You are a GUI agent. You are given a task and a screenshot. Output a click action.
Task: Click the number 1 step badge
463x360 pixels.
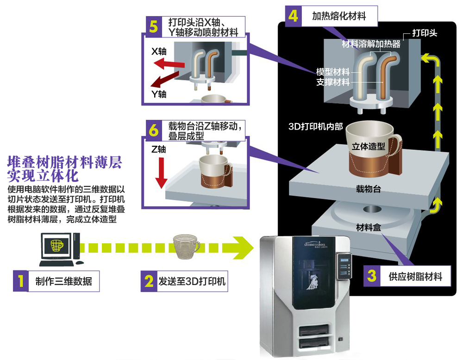(20, 281)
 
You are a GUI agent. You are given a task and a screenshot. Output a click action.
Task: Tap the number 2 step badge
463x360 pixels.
(149, 281)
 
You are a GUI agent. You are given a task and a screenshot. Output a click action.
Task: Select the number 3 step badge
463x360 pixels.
(371, 276)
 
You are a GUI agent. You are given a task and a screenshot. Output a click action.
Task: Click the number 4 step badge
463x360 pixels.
(293, 16)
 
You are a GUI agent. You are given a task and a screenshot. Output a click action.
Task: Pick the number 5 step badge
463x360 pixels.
(153, 26)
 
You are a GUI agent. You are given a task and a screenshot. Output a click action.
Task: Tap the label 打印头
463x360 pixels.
(424, 33)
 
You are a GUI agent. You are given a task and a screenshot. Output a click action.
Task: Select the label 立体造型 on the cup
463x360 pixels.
(368, 146)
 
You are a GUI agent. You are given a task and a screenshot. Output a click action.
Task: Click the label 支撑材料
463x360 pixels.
(333, 82)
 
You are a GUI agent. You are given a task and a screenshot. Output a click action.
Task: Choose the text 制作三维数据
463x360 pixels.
(63, 281)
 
